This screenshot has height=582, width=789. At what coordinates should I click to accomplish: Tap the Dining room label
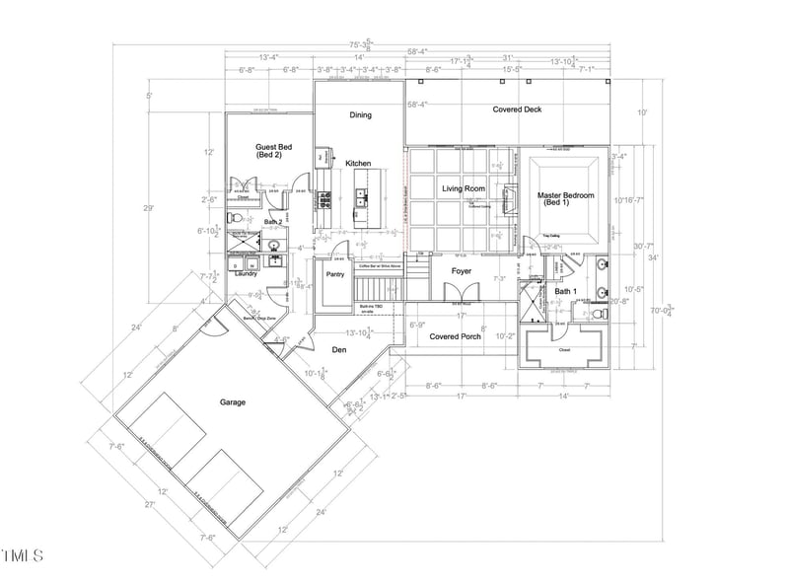(360, 115)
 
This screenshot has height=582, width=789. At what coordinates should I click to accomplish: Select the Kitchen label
(357, 163)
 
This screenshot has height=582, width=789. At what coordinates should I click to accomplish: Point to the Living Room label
(463, 188)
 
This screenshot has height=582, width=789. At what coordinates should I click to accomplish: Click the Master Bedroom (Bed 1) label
(566, 200)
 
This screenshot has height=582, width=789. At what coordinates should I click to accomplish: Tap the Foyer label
(462, 270)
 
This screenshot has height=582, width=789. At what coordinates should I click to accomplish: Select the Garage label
(233, 401)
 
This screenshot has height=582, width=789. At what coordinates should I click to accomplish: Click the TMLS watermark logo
(23, 557)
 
